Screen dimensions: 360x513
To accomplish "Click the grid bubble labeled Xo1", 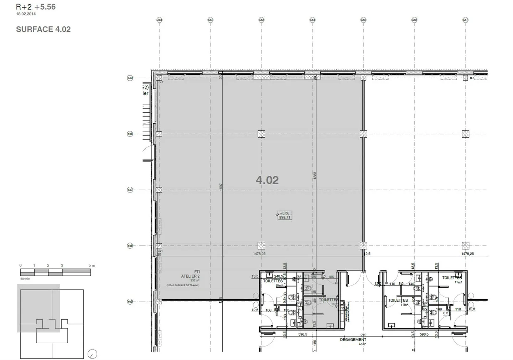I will click(160, 20).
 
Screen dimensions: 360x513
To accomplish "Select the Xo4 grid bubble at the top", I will click(312, 20).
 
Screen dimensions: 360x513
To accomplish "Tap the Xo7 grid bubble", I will click(465, 20).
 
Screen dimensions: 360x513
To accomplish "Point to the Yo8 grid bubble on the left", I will click(130, 134).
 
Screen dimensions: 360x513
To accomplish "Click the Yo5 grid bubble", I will click(130, 302).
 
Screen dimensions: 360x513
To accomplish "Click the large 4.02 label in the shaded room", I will click(267, 180).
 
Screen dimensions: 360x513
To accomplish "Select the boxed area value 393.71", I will click(285, 217).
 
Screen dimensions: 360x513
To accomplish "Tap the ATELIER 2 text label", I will click(190, 276).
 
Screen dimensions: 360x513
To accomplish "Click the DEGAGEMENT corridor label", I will click(353, 340).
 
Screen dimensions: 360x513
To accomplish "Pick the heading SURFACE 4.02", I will click(43, 30).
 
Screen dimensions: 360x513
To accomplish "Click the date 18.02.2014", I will click(26, 14).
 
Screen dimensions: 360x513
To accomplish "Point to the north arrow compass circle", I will click(92, 354).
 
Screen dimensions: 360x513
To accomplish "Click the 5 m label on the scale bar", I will click(92, 266).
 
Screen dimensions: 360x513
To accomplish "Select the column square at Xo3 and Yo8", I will click(261, 134).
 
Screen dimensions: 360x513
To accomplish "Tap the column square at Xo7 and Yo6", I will click(465, 246).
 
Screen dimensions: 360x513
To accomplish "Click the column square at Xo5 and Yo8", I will click(363, 134).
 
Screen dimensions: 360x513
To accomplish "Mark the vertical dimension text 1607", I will click(221, 187).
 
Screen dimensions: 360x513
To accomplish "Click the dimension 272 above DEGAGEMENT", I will click(363, 335).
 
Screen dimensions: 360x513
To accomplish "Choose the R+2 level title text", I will click(24, 7).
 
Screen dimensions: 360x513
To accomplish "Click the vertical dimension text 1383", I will click(315, 175).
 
